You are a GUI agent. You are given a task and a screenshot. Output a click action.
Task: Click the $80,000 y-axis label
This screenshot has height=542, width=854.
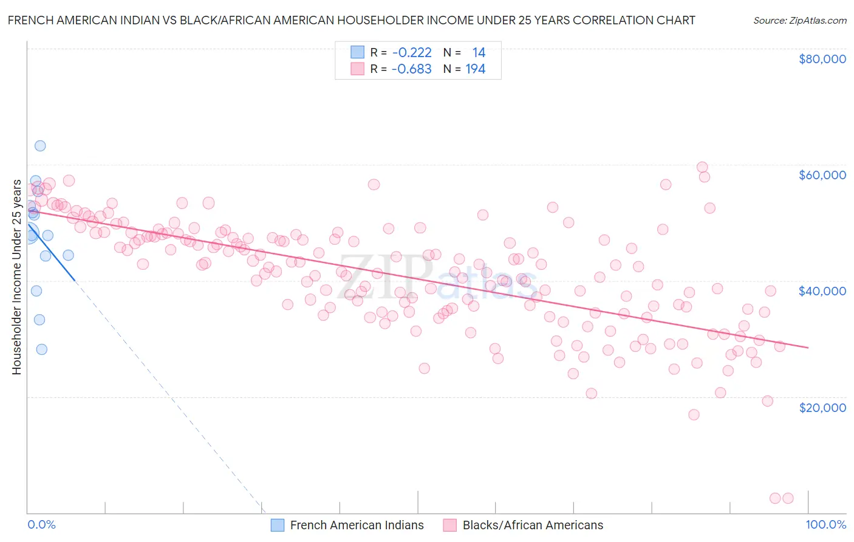(x=822, y=59)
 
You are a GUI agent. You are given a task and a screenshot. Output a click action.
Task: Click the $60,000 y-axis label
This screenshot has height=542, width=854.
(x=822, y=175)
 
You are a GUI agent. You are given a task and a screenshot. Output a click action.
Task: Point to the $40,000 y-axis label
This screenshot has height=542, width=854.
(x=822, y=291)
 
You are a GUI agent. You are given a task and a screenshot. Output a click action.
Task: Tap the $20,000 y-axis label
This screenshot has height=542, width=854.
(x=822, y=407)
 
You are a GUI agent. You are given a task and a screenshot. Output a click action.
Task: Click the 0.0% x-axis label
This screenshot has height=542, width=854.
(x=41, y=524)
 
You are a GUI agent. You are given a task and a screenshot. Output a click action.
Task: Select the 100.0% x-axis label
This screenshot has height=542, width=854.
(x=825, y=524)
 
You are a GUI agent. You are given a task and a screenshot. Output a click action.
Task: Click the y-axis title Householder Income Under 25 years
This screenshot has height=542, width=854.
(x=16, y=277)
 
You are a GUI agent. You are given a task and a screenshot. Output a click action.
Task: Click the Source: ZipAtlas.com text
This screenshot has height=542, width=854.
(x=799, y=21)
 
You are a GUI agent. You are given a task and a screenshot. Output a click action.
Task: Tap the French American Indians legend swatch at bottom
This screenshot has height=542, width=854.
(x=278, y=525)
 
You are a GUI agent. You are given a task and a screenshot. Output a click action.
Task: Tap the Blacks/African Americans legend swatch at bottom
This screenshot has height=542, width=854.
(x=449, y=525)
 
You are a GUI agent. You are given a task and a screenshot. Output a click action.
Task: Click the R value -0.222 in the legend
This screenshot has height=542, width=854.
(x=412, y=53)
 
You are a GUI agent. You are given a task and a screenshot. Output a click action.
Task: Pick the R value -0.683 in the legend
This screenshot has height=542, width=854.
(x=412, y=69)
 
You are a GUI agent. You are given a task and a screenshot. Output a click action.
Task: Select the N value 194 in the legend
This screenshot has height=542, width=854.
(x=475, y=69)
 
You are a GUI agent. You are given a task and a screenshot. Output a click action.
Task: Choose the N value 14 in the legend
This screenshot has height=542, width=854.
(x=479, y=53)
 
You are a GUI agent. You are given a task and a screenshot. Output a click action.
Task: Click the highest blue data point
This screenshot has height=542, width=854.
(x=40, y=146)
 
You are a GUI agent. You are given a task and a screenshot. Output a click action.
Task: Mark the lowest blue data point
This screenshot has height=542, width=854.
(x=41, y=349)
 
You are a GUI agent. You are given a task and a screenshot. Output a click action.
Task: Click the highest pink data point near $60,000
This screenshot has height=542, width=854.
(x=702, y=167)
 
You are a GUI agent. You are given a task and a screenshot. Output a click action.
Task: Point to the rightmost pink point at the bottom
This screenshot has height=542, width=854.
(x=788, y=498)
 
